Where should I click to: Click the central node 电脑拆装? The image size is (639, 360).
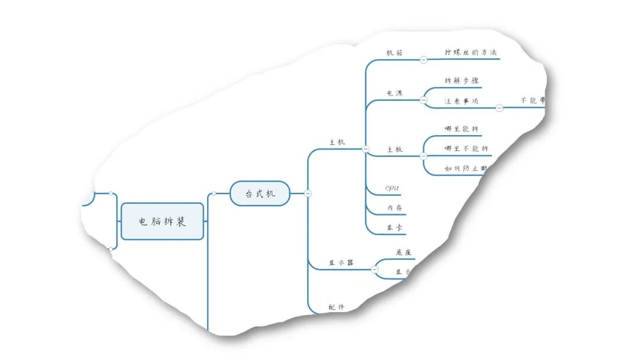162,221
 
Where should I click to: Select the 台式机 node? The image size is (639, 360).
260,193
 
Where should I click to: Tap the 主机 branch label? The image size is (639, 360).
337,142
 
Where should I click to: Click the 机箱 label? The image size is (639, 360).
395,53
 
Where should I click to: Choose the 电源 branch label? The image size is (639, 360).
395,94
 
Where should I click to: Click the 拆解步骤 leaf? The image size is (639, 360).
461,81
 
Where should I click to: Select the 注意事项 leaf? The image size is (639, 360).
461,101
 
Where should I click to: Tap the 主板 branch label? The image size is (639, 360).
395,149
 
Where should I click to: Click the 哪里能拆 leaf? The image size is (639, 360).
461,128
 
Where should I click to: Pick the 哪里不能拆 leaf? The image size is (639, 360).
466,149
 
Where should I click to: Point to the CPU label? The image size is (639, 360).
392,188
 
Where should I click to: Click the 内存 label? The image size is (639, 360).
395,208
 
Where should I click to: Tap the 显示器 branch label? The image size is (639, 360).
341,262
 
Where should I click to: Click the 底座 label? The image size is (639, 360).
404,253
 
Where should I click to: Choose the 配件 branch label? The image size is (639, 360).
337,307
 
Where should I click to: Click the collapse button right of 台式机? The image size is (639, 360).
308,193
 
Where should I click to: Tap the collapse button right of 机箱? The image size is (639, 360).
424,59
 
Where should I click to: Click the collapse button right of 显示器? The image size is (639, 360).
375,269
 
